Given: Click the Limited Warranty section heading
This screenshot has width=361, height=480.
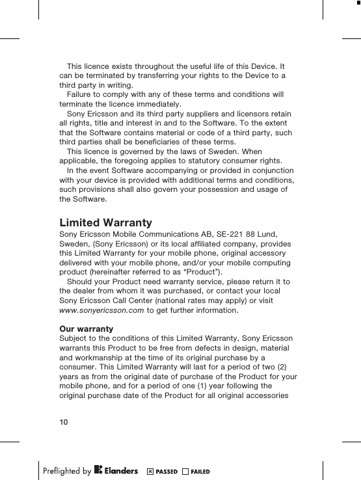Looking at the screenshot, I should [105, 223].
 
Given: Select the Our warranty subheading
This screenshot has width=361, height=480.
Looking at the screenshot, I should [86, 328].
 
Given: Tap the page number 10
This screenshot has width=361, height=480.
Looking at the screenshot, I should [64, 422].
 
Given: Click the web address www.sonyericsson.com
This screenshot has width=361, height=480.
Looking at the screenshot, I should [101, 310].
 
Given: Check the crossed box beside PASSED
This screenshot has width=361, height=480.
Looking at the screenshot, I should [150, 471].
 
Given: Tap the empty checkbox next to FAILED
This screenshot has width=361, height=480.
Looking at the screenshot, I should [186, 471].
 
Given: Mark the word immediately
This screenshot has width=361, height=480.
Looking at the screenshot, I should [159, 104].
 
